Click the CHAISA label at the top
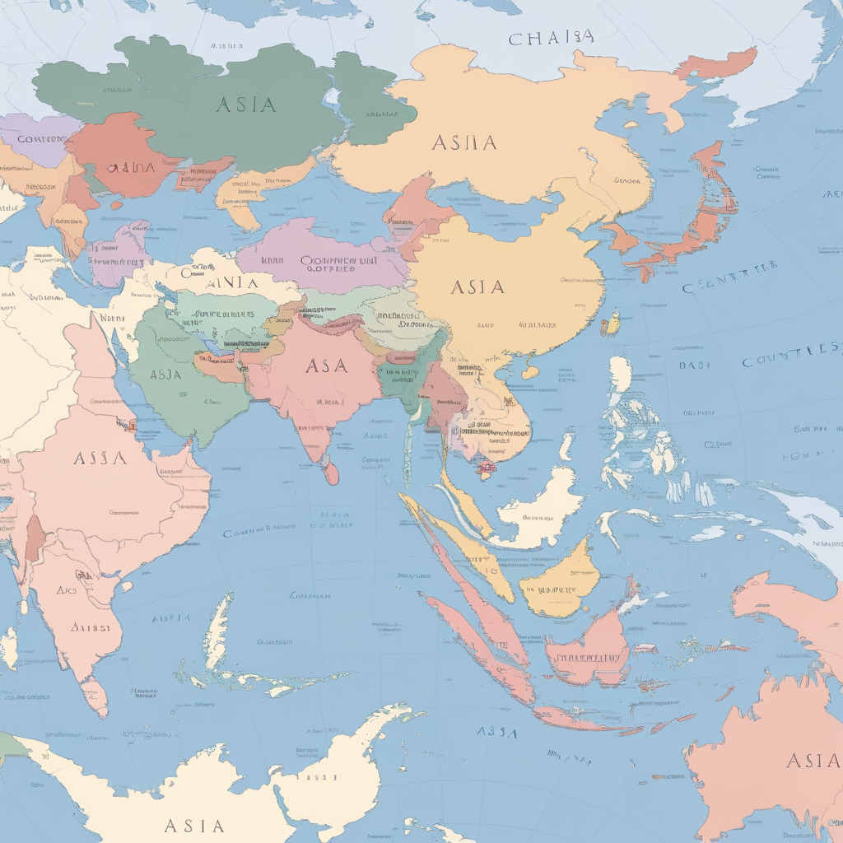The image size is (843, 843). tap(551, 38)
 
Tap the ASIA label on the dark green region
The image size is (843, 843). tap(245, 105)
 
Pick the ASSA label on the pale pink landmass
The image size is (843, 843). tap(100, 458)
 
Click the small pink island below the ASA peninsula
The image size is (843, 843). tap(331, 473)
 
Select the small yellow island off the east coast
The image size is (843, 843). tap(611, 324)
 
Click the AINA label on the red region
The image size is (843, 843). tap(131, 167)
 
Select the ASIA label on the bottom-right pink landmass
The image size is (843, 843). tap(813, 760)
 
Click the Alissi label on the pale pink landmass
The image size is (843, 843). tap(90, 627)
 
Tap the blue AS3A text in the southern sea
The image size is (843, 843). tap(497, 732)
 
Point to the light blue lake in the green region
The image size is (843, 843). tap(333, 100)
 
